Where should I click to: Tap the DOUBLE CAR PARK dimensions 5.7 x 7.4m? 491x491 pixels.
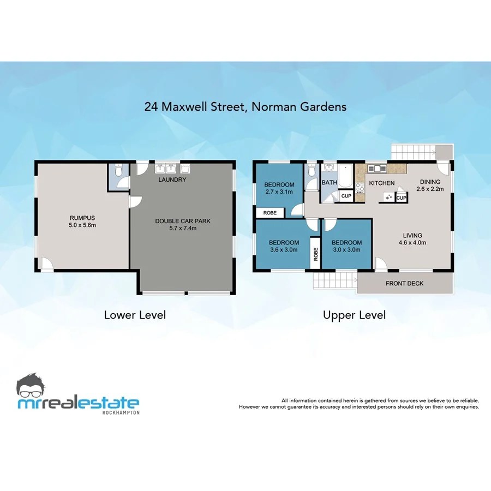point(183,229)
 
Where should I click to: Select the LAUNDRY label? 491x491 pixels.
point(172,179)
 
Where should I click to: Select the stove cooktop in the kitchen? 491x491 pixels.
point(360,189)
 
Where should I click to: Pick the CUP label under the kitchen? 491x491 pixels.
point(401,198)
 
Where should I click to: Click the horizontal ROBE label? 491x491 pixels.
point(270,213)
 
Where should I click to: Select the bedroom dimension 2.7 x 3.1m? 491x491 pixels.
point(279,192)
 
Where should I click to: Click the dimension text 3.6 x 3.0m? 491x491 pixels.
point(284,250)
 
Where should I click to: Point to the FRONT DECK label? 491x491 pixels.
point(404,284)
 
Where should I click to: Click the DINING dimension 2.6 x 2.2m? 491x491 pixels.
point(429,189)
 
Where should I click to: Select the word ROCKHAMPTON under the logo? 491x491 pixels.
point(121,412)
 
